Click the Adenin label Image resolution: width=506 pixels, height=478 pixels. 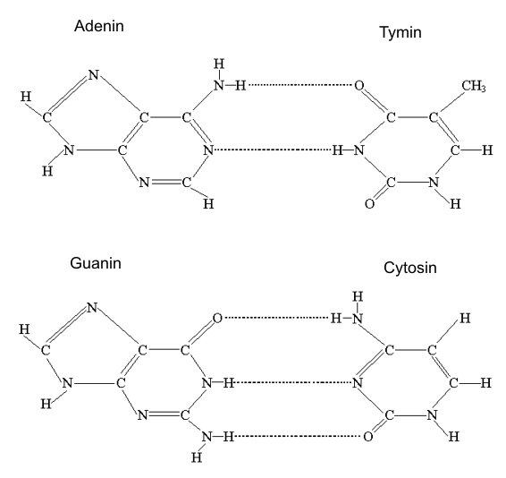pyautogui.click(x=99, y=26)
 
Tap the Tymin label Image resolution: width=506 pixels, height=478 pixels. pyautogui.click(x=401, y=32)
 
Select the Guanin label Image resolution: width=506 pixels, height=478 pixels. pyautogui.click(x=96, y=263)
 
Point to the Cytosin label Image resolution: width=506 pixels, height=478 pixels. pyautogui.click(x=410, y=268)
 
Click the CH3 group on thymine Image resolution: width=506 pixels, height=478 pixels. pyautogui.click(x=474, y=86)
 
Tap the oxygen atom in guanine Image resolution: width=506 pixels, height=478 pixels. pyautogui.click(x=217, y=319)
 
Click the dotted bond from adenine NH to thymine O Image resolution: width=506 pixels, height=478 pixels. pyautogui.click(x=300, y=85)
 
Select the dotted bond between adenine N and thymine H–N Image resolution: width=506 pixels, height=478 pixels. pyautogui.click(x=273, y=150)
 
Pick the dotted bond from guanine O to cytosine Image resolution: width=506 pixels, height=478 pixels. pyautogui.click(x=277, y=319)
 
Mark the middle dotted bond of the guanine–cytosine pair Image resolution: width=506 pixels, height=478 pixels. pyautogui.click(x=293, y=383)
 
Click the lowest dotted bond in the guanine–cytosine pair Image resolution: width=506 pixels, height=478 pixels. pyautogui.click(x=297, y=437)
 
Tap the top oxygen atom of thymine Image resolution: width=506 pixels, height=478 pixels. pyautogui.click(x=359, y=86)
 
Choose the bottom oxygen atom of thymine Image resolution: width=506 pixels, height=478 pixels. pyautogui.click(x=370, y=204)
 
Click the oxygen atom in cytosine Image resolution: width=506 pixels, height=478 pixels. pyautogui.click(x=368, y=437)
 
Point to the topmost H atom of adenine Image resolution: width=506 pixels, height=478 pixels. pyautogui.click(x=219, y=64)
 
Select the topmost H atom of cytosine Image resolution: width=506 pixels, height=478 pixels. pyautogui.click(x=358, y=296)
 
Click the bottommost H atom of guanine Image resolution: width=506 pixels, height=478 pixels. pyautogui.click(x=197, y=457)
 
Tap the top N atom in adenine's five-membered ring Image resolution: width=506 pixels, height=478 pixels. pyautogui.click(x=93, y=75)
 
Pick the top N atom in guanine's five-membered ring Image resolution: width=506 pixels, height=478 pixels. pyautogui.click(x=92, y=308)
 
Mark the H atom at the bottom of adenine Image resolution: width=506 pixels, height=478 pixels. pyautogui.click(x=208, y=203)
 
